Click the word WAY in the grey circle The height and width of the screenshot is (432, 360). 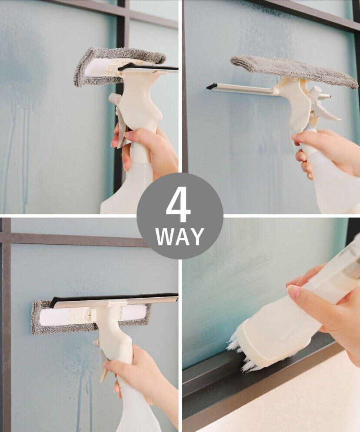coord(180,236)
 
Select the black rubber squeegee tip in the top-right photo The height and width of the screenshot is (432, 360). coord(212,86)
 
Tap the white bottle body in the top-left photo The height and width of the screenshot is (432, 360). coord(128,190)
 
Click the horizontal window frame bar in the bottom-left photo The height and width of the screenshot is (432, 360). coord(74,239)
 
